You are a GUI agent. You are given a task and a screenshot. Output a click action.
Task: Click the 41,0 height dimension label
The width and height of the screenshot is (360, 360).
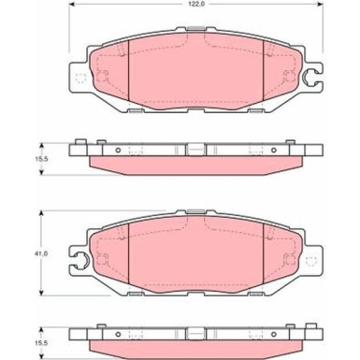coord(41,252)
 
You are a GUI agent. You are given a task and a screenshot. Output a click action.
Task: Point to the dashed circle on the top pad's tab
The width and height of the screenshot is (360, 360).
coord(79,79)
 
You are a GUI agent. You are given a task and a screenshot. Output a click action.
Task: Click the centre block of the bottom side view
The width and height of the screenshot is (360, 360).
coord(193,332)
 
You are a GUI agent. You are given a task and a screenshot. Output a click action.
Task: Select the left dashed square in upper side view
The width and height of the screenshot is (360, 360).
coord(137,151)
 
